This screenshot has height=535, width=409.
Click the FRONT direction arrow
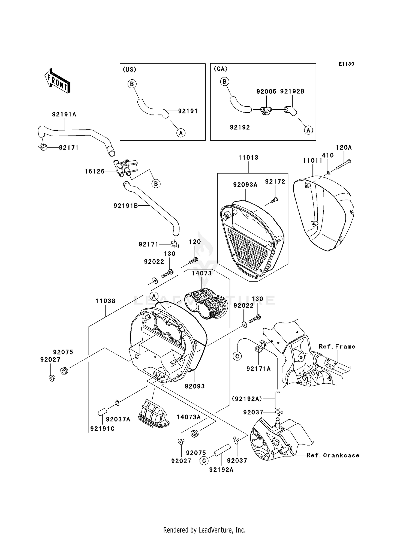click(x=58, y=81)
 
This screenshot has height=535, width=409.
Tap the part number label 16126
click(x=94, y=172)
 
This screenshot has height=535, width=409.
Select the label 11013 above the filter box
click(x=248, y=158)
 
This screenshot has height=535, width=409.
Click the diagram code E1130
click(x=346, y=64)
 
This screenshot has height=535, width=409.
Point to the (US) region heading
click(x=130, y=70)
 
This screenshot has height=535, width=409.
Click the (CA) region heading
click(x=220, y=69)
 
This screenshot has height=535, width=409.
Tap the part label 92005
click(x=266, y=92)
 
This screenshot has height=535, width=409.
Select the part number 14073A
click(x=188, y=417)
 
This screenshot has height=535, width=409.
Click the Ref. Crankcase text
click(x=333, y=455)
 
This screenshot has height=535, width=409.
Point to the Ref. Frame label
click(x=337, y=347)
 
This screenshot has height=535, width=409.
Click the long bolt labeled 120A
click(x=343, y=165)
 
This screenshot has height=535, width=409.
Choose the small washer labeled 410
click(x=329, y=173)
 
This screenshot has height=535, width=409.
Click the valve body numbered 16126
click(x=125, y=167)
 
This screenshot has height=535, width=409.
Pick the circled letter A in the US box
click(x=181, y=133)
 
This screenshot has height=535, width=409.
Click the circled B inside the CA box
click(x=224, y=81)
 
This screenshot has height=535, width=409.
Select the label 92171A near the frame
click(x=258, y=369)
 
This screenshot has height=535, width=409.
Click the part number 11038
click(x=105, y=301)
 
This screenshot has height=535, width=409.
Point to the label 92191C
click(x=102, y=429)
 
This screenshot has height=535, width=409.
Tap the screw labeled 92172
click(x=274, y=200)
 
